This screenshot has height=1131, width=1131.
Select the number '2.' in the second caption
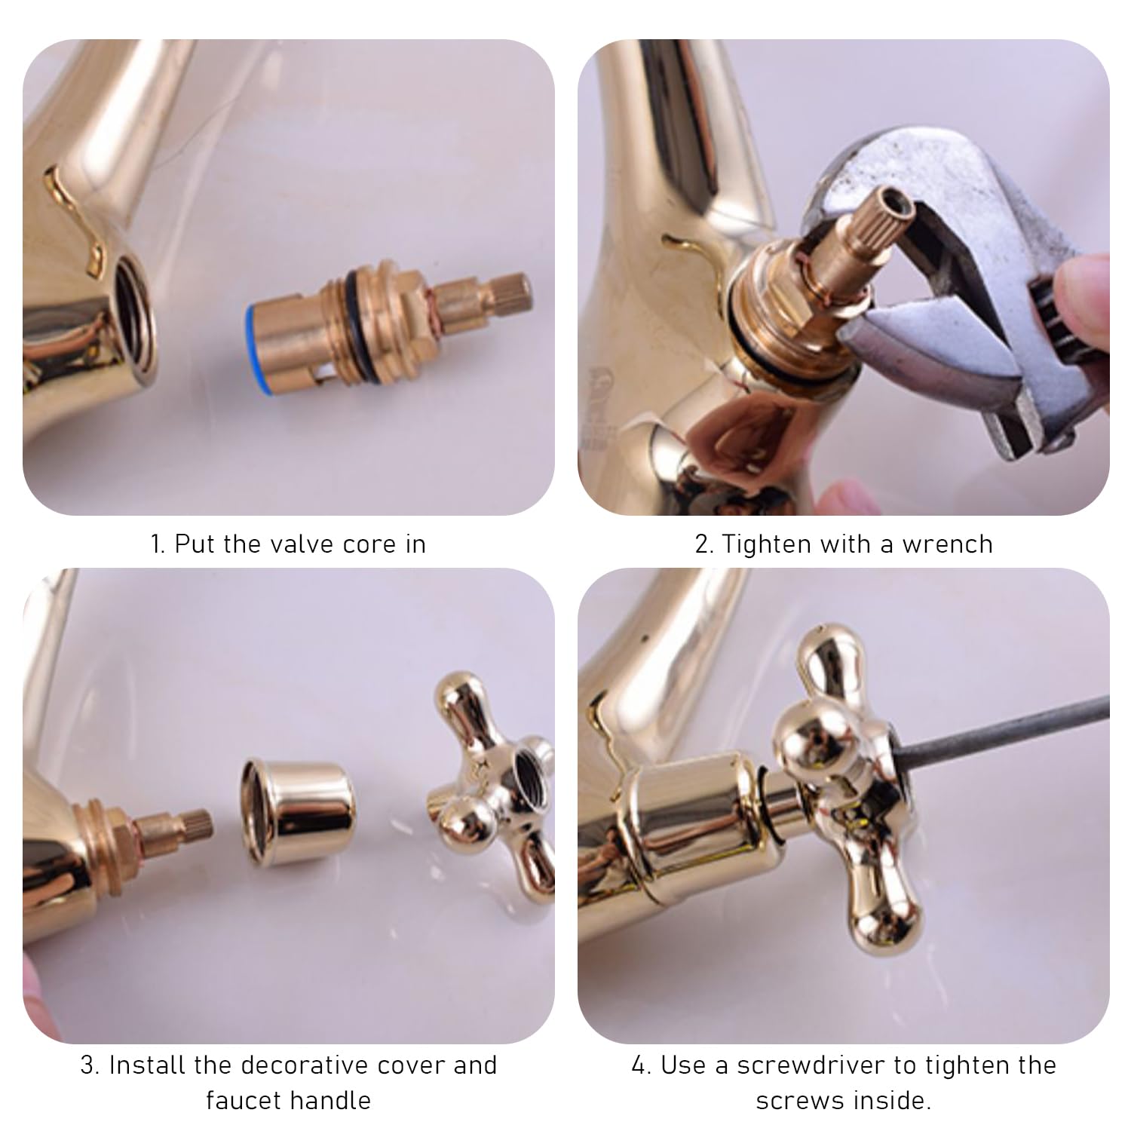point(704,544)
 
